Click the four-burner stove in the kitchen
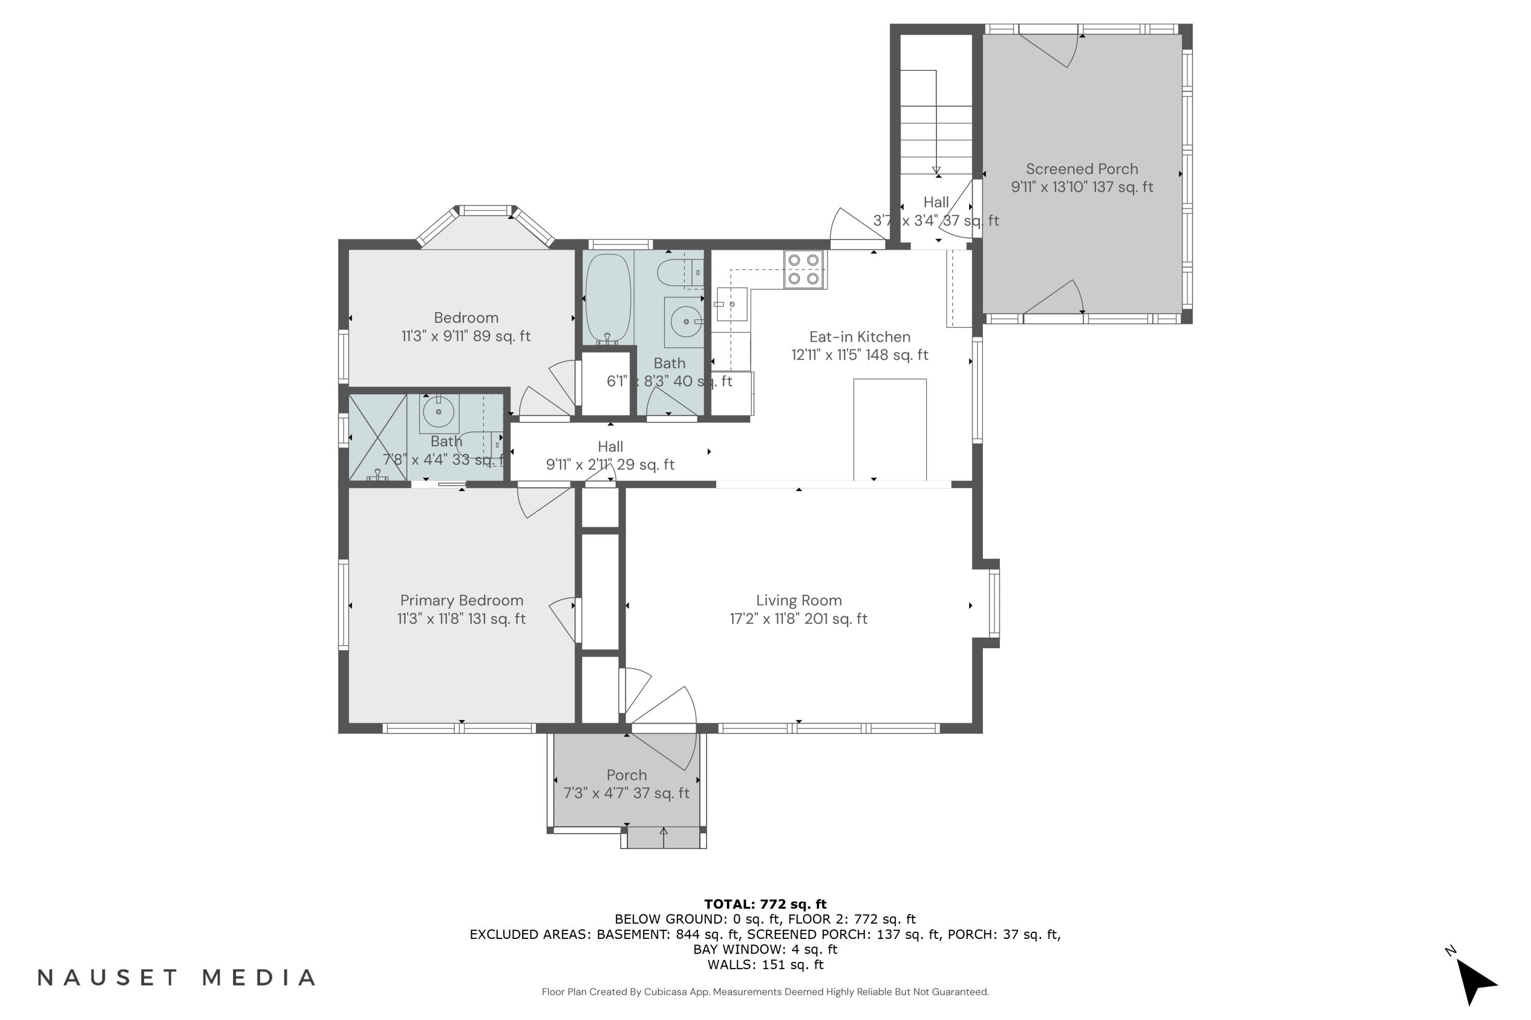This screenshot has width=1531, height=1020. (x=803, y=269)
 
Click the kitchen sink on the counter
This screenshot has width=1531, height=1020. (x=730, y=304)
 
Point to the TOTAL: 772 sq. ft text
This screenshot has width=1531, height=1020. (x=765, y=904)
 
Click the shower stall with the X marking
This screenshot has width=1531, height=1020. (x=378, y=438)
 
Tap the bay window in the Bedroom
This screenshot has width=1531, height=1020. (x=485, y=225)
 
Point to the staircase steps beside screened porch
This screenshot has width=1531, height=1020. (x=936, y=123)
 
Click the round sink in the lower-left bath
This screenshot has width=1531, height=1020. (x=439, y=412)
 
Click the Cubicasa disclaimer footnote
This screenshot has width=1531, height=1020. (x=765, y=992)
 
